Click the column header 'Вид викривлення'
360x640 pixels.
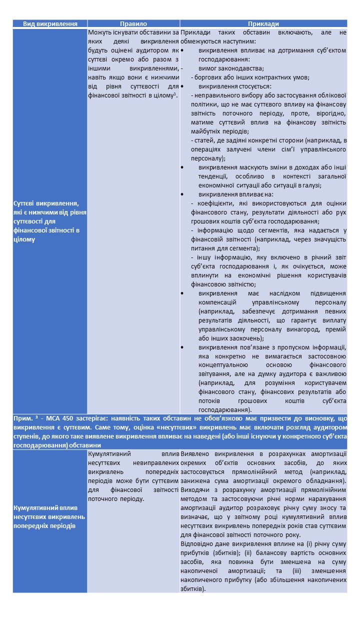pyautogui.click(x=50, y=23)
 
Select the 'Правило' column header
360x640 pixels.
pyautogui.click(x=133, y=23)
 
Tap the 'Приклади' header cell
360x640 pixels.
pyautogui.click(x=263, y=23)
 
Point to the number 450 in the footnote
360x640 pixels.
pyautogui.click(x=59, y=418)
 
